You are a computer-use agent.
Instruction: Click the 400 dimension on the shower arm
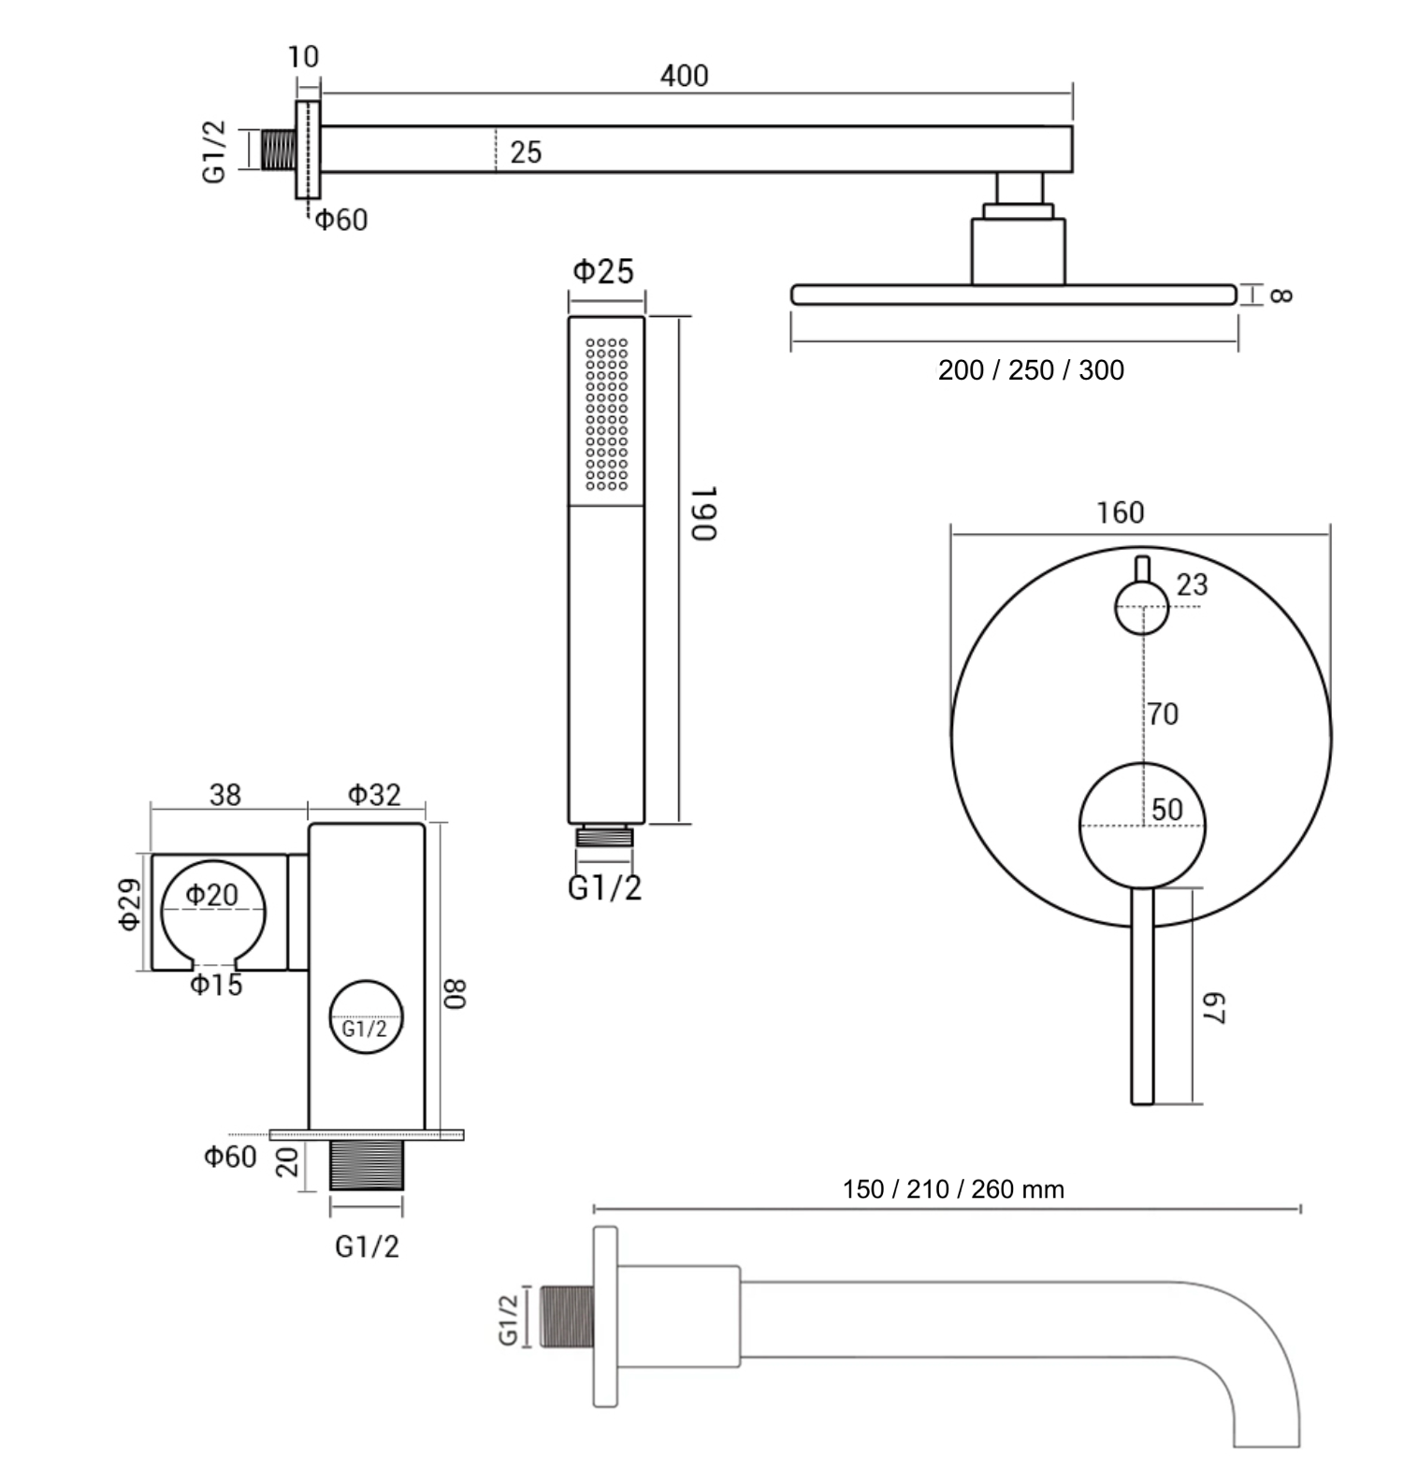684,76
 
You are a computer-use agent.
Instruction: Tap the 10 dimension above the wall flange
303,57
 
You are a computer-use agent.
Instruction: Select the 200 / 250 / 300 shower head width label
1031,370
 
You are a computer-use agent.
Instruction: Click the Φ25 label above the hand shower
603,272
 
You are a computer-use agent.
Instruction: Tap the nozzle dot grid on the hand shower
606,414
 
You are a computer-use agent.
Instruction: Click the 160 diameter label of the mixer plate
1120,512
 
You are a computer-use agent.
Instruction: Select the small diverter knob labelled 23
1141,607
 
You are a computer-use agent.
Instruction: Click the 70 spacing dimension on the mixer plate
1163,714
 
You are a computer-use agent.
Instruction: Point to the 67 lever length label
1213,1009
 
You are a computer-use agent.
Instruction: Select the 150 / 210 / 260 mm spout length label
953,1189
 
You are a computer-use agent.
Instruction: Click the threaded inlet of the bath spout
567,1317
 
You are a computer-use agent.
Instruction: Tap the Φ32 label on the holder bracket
374,795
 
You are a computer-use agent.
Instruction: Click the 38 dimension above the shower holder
225,795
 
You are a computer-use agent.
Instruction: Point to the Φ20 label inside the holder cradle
212,896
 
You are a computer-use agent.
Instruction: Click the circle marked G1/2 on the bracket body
366,1017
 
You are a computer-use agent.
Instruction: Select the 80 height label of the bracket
455,993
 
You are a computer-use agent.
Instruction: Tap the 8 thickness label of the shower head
1281,295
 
